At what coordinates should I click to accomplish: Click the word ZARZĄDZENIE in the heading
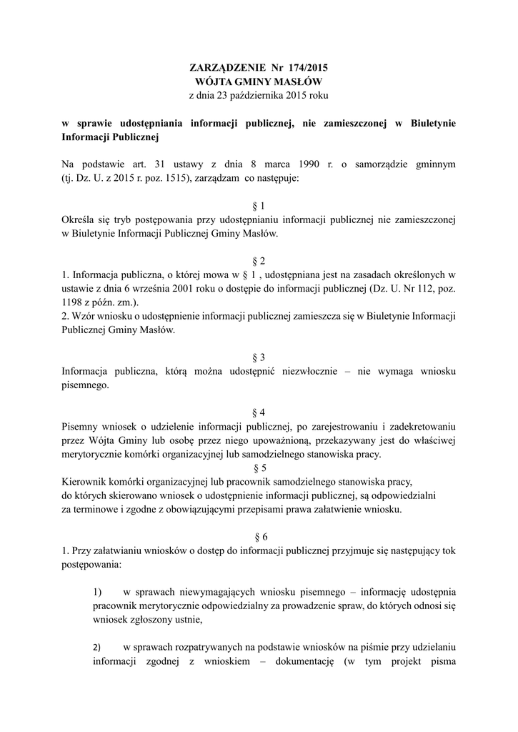(226, 68)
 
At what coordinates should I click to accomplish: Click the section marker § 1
(259, 205)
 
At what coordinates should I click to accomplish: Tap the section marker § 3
(259, 357)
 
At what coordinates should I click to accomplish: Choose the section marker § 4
(259, 412)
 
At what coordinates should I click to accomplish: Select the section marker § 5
(259, 468)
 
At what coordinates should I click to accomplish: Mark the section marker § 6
(259, 536)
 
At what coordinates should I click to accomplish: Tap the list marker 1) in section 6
(98, 592)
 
